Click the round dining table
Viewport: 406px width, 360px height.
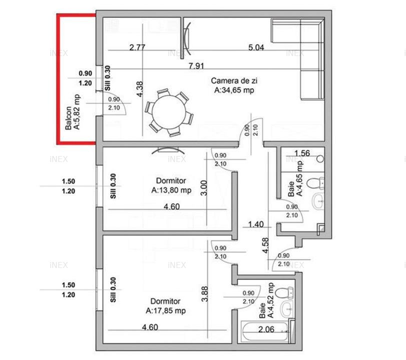[x=169, y=112]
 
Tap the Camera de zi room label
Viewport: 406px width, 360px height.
[x=234, y=85]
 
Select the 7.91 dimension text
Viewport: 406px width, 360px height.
[x=196, y=65]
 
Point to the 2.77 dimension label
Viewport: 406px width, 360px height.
[x=137, y=47]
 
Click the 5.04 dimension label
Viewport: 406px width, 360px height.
[x=256, y=47]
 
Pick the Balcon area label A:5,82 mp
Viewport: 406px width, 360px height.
[x=77, y=111]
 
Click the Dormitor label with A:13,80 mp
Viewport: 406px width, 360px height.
[x=171, y=185]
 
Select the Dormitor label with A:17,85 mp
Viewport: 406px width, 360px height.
[x=166, y=306]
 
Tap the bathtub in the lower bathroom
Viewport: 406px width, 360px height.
[x=265, y=331]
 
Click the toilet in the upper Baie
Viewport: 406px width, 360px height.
[x=315, y=183]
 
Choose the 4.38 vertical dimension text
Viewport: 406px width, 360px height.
[x=139, y=89]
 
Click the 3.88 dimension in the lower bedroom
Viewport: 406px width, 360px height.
[x=205, y=294]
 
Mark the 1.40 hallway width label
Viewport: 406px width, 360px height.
[x=256, y=224]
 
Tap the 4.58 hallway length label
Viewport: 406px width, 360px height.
[x=265, y=245]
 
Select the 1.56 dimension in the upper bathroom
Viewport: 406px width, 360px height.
[x=302, y=153]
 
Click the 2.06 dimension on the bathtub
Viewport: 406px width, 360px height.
[x=266, y=329]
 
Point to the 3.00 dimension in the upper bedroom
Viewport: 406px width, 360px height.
[x=204, y=188]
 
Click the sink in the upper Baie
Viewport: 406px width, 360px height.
[x=318, y=201]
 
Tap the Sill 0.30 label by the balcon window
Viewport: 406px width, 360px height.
[x=108, y=78]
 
